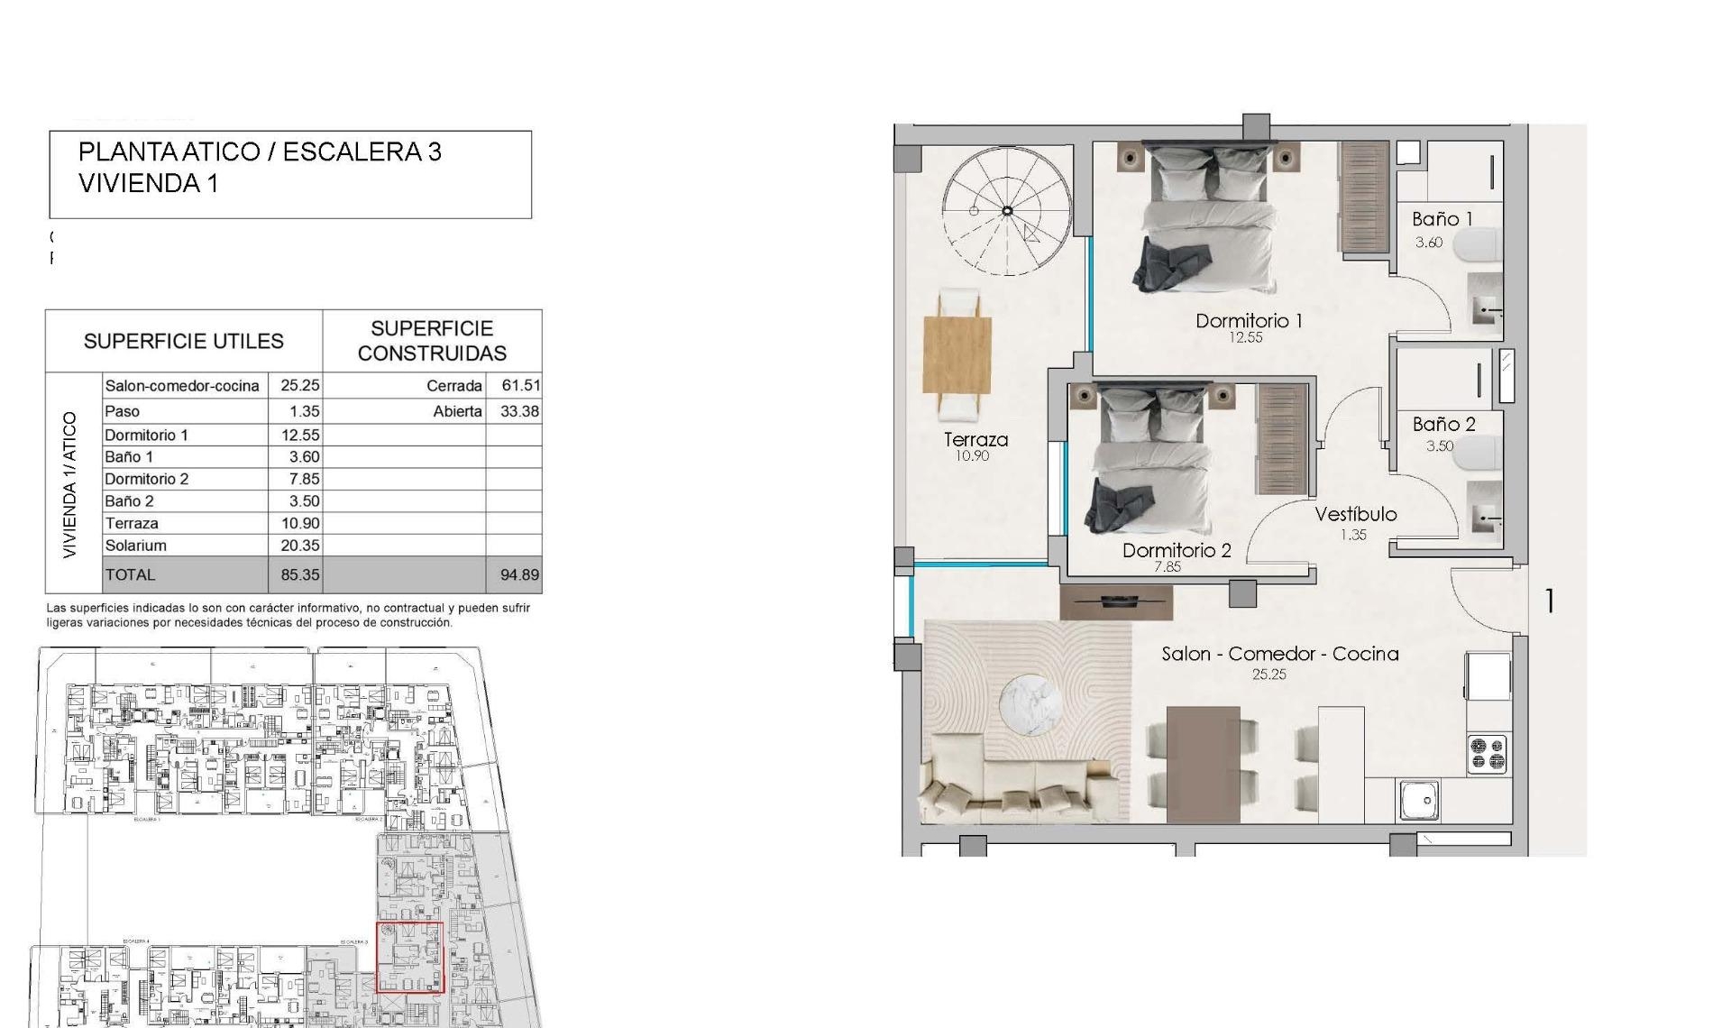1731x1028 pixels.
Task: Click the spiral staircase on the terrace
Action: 1007,211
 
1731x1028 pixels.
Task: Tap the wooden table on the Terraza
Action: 957,354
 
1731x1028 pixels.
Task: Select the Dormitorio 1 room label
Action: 1248,320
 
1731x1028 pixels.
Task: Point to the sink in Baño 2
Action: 1483,519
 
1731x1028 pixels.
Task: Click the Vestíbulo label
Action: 1355,514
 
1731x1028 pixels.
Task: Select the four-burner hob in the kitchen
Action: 1487,754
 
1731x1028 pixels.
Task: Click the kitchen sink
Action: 1419,800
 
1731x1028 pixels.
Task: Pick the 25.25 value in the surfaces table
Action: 299,385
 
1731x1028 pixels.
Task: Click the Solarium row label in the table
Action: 135,546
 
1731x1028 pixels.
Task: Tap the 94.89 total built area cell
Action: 519,574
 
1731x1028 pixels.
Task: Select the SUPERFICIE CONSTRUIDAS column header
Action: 432,341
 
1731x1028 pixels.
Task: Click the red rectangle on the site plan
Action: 409,957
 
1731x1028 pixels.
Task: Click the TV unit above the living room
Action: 1116,602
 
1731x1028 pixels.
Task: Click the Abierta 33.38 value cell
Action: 519,411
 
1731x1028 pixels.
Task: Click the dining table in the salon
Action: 1203,764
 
